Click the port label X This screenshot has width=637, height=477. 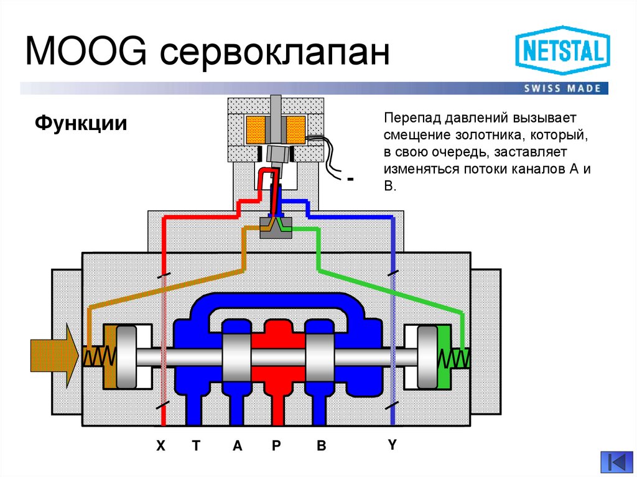(x=160, y=446)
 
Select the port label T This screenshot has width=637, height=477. (x=196, y=446)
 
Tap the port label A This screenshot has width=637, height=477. (x=237, y=446)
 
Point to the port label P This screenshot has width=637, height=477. (x=277, y=446)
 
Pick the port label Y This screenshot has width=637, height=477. (x=392, y=445)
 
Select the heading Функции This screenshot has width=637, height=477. (x=80, y=123)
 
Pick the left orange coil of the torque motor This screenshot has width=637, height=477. (x=256, y=128)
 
